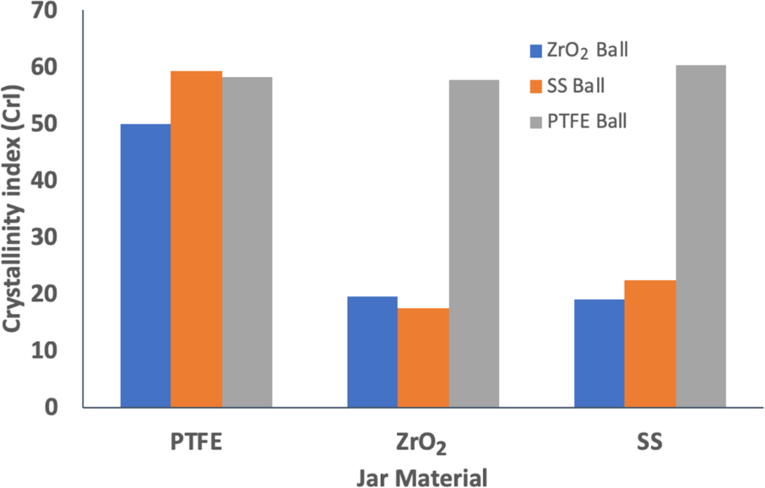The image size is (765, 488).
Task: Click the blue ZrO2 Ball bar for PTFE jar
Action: click(x=146, y=265)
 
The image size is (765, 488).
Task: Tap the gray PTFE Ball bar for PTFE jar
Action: click(x=247, y=241)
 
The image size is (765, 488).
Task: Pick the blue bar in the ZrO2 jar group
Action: click(x=372, y=351)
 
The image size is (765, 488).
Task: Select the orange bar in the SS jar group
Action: click(x=650, y=344)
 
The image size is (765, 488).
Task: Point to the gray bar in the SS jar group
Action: click(x=701, y=236)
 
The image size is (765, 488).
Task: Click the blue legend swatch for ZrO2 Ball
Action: click(x=535, y=51)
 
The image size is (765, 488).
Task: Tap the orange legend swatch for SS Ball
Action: click(x=535, y=86)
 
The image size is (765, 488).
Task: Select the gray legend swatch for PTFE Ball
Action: click(x=535, y=122)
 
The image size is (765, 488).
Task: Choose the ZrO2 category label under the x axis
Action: click(x=423, y=442)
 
